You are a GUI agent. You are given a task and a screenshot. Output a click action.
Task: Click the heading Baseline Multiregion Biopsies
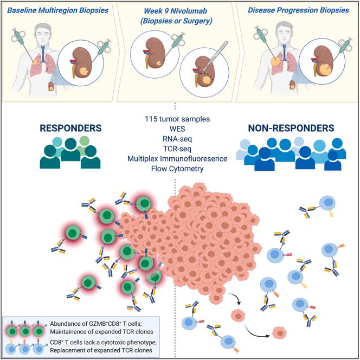click(62, 10)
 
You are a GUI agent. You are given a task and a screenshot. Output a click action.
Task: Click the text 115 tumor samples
click(181, 118)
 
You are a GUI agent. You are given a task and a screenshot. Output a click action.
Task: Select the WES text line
click(181, 128)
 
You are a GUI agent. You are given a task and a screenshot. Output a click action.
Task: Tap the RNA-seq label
click(181, 138)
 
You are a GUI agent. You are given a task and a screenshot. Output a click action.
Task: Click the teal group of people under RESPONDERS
click(64, 155)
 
